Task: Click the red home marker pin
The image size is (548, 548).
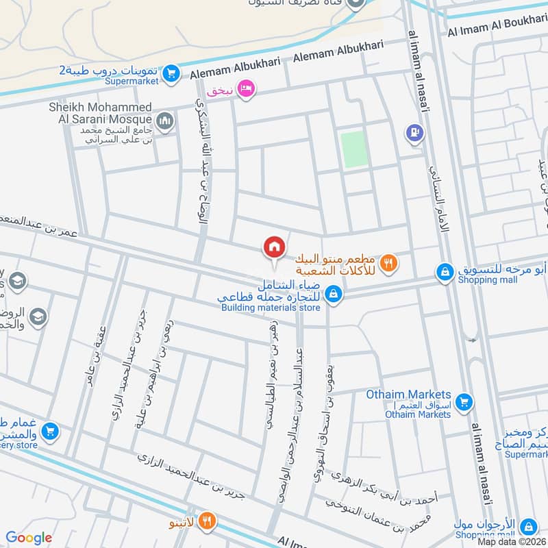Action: pyautogui.click(x=274, y=247)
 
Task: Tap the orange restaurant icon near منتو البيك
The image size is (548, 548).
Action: pyautogui.click(x=389, y=261)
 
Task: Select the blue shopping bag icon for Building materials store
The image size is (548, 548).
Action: pyautogui.click(x=334, y=294)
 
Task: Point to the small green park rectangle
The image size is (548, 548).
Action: pyautogui.click(x=354, y=149)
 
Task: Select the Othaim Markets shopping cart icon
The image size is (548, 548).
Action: pyautogui.click(x=464, y=401)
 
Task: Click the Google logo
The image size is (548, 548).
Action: pyautogui.click(x=29, y=538)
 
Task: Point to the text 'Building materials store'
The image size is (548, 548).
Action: pyautogui.click(x=271, y=308)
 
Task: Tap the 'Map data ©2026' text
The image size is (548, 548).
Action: pyautogui.click(x=512, y=541)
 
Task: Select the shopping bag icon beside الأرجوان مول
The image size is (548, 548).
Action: pyautogui.click(x=527, y=526)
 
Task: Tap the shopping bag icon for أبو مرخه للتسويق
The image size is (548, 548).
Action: pyautogui.click(x=445, y=273)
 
